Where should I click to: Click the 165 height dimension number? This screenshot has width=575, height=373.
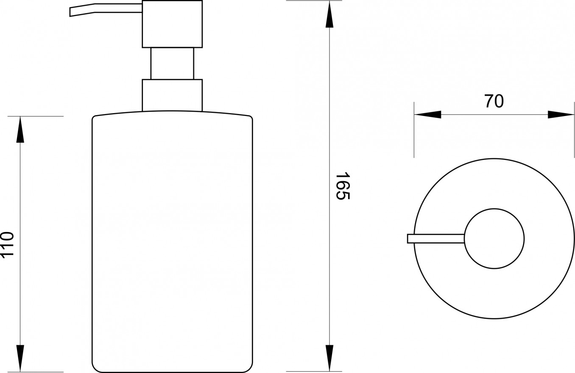click(343, 186)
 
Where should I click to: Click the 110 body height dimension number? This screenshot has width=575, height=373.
click(7, 245)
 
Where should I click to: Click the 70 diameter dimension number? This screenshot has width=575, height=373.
click(494, 101)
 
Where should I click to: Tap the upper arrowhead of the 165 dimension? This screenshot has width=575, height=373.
click(329, 15)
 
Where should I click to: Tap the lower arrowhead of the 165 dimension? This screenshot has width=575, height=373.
click(329, 358)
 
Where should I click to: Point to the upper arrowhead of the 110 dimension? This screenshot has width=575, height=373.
click(20, 130)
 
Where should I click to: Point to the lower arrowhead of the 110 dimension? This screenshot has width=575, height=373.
click(20, 358)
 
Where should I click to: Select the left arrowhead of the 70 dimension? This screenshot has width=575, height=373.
click(428, 115)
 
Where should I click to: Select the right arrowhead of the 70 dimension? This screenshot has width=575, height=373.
click(561, 115)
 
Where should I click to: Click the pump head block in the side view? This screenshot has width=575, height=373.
click(172, 24)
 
